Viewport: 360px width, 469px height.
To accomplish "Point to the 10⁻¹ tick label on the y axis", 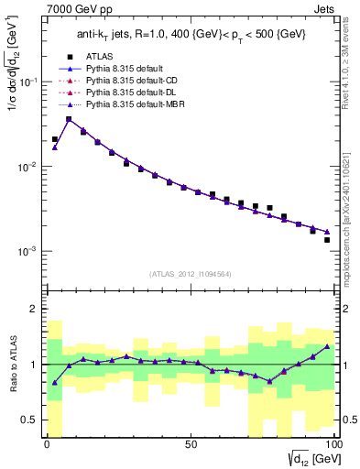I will tap(27, 82).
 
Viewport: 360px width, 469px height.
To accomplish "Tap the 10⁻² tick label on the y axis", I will tap(27, 167).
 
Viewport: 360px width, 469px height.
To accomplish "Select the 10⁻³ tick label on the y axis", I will tap(27, 251).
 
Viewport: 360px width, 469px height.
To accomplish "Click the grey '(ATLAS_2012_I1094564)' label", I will tap(191, 272).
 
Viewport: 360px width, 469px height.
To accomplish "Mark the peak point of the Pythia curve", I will tap(69, 118).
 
